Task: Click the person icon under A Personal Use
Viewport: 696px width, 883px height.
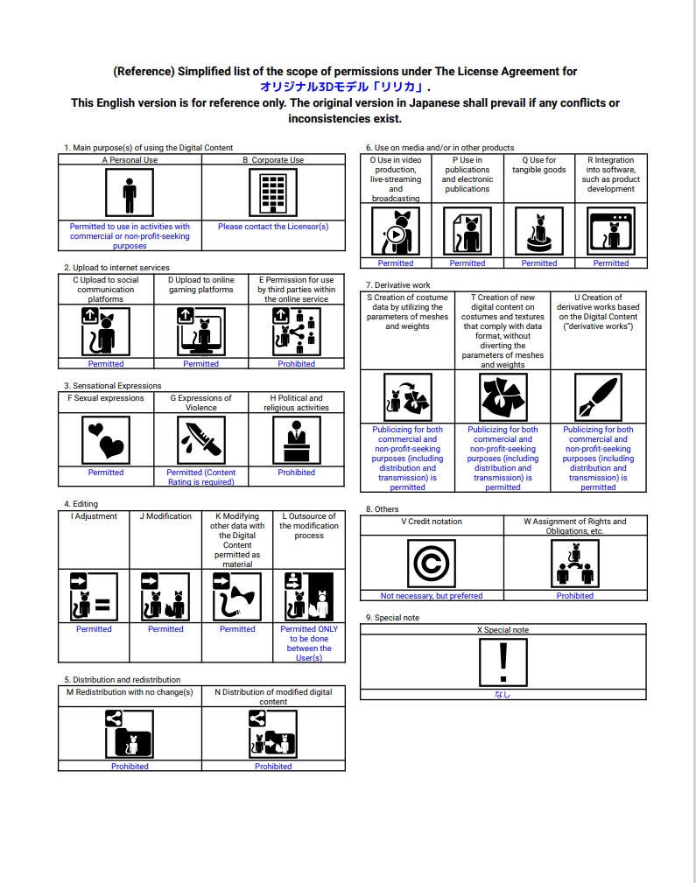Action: click(130, 193)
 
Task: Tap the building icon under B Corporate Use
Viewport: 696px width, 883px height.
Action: click(273, 193)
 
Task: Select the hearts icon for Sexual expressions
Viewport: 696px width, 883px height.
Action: click(105, 439)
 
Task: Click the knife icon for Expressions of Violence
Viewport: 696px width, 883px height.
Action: click(200, 439)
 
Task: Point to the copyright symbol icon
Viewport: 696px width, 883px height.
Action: click(432, 563)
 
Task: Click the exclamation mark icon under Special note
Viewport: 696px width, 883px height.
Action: click(503, 662)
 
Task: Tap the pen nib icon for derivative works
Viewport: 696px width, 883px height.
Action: click(598, 397)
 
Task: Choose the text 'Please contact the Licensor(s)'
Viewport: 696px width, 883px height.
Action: click(273, 227)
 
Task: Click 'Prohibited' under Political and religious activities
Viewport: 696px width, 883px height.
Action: click(296, 473)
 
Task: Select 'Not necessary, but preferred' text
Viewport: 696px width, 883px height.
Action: click(432, 596)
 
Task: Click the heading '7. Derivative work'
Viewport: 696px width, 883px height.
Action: click(397, 285)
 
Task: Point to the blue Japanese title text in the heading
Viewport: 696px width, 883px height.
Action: click(342, 88)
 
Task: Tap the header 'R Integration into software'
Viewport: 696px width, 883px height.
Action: click(610, 174)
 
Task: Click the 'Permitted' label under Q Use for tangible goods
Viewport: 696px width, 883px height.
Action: click(538, 263)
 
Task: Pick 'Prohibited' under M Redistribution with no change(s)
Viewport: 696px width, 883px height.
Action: click(130, 767)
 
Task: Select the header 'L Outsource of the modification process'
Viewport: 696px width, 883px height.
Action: click(308, 526)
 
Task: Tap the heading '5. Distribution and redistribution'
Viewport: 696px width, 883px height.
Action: click(122, 680)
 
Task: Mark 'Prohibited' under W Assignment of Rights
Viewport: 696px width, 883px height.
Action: click(574, 596)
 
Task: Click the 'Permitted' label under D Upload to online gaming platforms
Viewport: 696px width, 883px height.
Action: click(200, 364)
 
